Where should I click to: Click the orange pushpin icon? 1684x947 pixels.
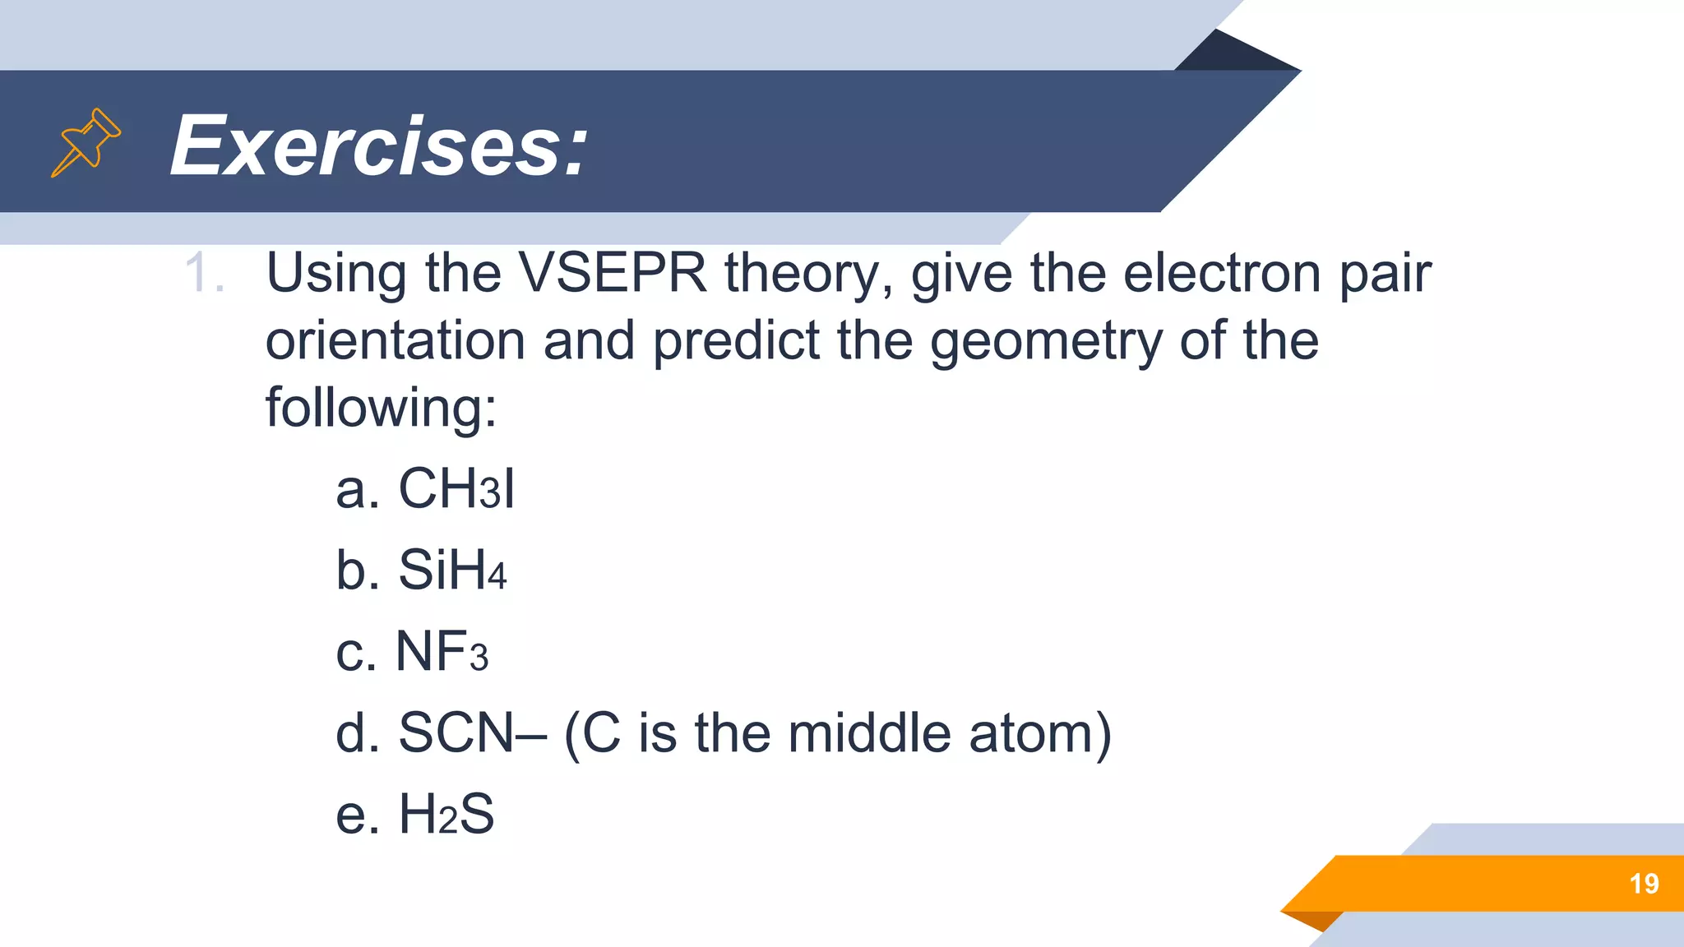point(86,142)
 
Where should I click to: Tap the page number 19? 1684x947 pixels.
point(1644,884)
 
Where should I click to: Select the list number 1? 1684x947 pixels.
point(203,273)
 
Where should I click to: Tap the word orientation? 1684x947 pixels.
point(395,340)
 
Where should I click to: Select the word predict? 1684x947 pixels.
point(736,340)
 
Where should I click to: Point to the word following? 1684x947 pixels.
point(381,408)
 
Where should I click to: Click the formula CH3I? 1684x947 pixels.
point(456,488)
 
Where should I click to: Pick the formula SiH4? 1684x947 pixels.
point(452,569)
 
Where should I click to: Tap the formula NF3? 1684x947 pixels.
point(442,651)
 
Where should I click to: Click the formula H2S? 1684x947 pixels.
point(446,814)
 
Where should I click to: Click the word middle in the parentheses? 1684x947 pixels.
point(869,732)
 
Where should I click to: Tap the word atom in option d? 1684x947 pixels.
point(1039,732)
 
